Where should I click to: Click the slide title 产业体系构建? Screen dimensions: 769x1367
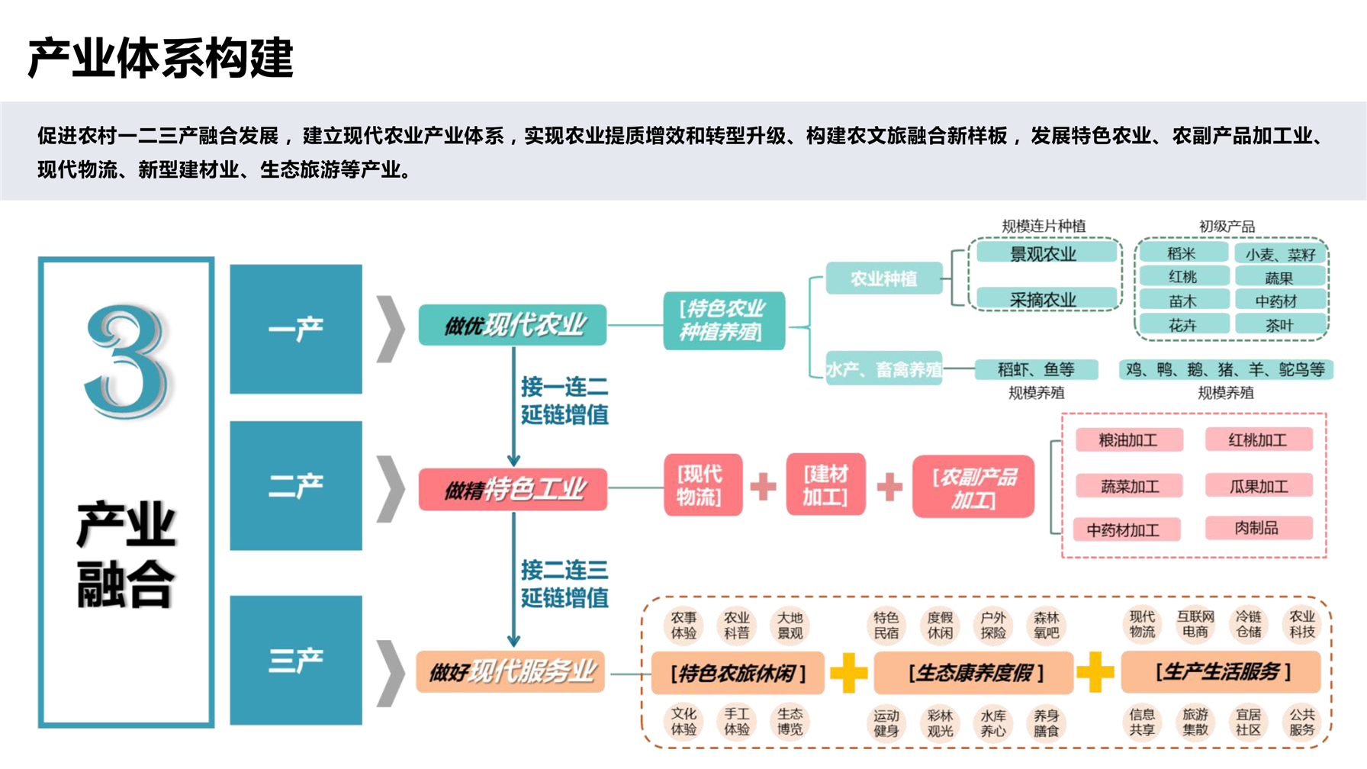coord(160,58)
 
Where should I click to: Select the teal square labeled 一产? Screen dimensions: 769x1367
coord(296,329)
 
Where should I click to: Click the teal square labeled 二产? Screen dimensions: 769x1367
coord(296,485)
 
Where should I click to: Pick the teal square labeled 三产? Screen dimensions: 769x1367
coord(296,660)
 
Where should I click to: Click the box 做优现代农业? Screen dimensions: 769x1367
coord(513,325)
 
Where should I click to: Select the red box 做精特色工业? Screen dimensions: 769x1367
coord(513,489)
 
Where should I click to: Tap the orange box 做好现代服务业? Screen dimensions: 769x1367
coord(510,671)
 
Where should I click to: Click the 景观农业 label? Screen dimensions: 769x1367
coord(1043,254)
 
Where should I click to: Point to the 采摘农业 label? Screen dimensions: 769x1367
coord(1043,300)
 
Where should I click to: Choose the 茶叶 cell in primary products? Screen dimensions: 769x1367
coord(1279,326)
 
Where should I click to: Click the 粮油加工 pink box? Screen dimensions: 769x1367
coord(1128,440)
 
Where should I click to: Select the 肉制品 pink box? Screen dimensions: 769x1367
coord(1257,528)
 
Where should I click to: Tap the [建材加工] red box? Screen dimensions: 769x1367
coord(825,485)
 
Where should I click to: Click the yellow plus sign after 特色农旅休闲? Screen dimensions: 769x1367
coord(848,672)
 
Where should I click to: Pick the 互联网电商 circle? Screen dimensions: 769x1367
coord(1195,624)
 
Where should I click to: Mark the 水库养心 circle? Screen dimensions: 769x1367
coord(993,723)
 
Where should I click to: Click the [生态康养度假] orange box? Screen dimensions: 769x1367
coord(974,673)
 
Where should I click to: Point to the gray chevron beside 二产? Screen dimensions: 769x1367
coord(391,488)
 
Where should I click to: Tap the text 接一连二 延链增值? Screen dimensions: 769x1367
coord(564,401)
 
